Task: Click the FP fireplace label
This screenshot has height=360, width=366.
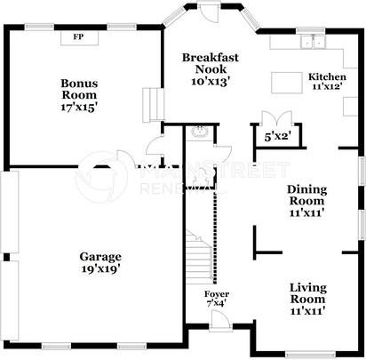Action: (x=78, y=37)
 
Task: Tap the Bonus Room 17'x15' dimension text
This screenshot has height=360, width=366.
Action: (x=79, y=107)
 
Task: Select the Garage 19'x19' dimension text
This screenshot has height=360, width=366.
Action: (x=100, y=269)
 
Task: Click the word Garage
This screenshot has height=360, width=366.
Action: (x=100, y=257)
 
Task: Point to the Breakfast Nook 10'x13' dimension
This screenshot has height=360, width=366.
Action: (x=211, y=81)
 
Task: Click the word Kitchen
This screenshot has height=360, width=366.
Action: (x=327, y=76)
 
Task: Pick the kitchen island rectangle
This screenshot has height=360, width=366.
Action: (x=287, y=83)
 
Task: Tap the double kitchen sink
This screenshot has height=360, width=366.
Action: (x=313, y=42)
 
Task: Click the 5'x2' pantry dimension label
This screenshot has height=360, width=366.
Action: (x=277, y=137)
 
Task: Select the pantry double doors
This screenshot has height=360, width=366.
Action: (x=277, y=117)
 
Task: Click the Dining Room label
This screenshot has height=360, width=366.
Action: (x=306, y=195)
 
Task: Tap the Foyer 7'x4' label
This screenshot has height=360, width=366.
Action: (x=217, y=299)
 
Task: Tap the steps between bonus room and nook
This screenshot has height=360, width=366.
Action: (x=153, y=105)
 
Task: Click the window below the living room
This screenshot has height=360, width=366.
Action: (x=311, y=354)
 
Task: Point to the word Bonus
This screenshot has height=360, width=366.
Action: (x=79, y=84)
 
